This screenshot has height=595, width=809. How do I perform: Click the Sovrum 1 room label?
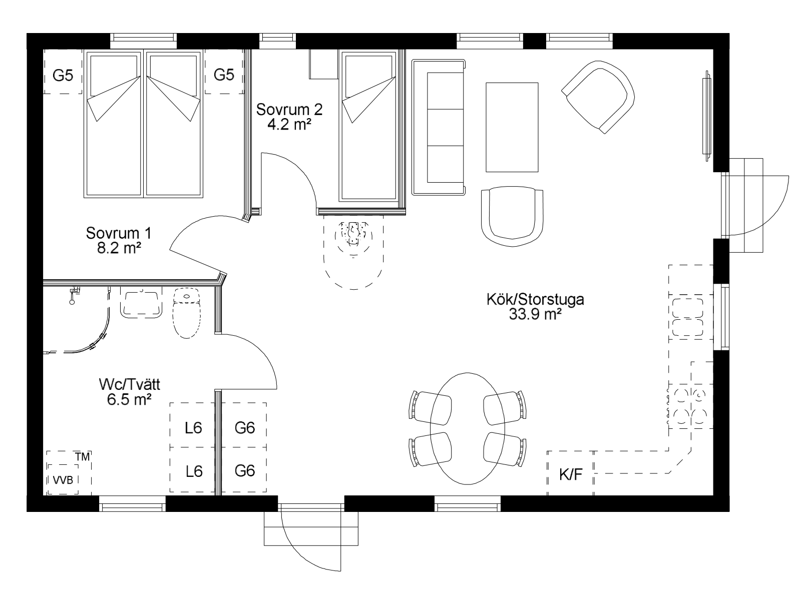pyautogui.click(x=119, y=233)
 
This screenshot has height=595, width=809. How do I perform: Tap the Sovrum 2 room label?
pyautogui.click(x=289, y=110)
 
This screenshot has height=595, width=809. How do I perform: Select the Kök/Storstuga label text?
pyautogui.click(x=535, y=300)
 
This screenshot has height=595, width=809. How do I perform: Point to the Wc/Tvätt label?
pyautogui.click(x=129, y=385)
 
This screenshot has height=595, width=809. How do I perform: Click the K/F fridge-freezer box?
pyautogui.click(x=571, y=473)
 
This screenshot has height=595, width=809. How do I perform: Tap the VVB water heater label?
pyautogui.click(x=63, y=480)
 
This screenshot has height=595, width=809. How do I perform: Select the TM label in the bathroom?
pyautogui.click(x=82, y=457)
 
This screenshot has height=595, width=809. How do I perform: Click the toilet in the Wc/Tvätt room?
pyautogui.click(x=187, y=313)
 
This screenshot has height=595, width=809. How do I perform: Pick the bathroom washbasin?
pyautogui.click(x=141, y=303)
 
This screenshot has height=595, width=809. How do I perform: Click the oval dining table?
pyautogui.click(x=468, y=428)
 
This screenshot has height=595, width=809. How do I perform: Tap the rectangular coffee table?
pyautogui.click(x=512, y=127)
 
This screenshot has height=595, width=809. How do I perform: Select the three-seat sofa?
pyautogui.click(x=439, y=128)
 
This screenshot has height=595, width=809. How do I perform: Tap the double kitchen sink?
pyautogui.click(x=687, y=317)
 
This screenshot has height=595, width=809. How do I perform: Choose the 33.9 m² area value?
pyautogui.click(x=535, y=315)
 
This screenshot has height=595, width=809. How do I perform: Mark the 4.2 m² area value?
pyautogui.click(x=289, y=125)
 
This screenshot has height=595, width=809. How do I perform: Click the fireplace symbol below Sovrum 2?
pyautogui.click(x=353, y=234)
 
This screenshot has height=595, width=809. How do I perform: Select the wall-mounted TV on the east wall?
pyautogui.click(x=707, y=116)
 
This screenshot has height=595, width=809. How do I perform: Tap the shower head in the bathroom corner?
pyautogui.click(x=73, y=295)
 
